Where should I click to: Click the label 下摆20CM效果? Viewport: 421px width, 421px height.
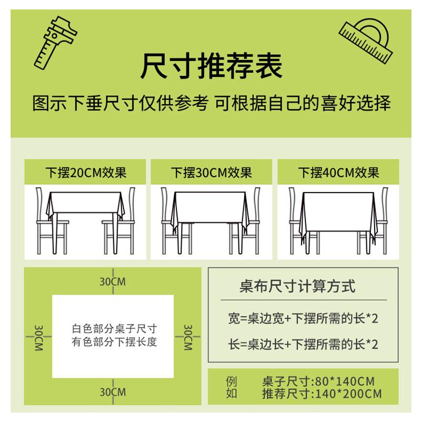(86, 173)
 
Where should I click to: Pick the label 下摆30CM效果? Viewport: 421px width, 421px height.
(212, 173)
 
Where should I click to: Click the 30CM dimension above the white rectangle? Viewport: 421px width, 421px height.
(113, 282)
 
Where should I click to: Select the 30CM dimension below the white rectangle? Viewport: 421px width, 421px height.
(113, 392)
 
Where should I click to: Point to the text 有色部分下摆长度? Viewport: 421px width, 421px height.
(114, 343)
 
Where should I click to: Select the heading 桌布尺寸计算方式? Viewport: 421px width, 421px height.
(297, 287)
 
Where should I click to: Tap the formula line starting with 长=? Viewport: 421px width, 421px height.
(303, 345)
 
